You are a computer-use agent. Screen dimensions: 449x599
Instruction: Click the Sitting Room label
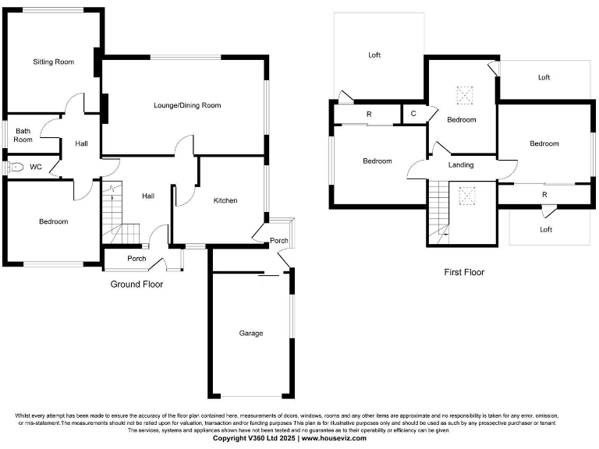pos(53,62)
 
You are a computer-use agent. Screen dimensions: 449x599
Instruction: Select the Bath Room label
pos(23,136)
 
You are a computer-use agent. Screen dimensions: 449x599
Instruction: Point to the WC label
pos(36,167)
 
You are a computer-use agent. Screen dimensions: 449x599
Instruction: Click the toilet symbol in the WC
pos(15,167)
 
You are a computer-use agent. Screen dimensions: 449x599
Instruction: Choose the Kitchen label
pos(225,200)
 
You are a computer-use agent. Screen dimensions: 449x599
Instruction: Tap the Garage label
pos(250,333)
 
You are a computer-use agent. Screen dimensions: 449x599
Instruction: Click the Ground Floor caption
pos(136,285)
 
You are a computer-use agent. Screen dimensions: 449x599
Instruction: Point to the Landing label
pos(461,165)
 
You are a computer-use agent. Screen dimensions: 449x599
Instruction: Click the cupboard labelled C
pos(413,114)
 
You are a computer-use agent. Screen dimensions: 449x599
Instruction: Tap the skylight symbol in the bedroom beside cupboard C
pos(466,96)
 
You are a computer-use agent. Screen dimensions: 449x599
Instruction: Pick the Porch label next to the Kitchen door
pos(278,240)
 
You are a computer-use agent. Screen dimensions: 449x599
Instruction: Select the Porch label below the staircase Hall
pos(136,258)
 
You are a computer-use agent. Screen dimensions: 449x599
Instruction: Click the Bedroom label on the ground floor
pos(53,221)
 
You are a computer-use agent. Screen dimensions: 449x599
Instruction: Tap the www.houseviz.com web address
pos(334,439)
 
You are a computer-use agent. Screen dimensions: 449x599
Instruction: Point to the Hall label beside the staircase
pos(147,196)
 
